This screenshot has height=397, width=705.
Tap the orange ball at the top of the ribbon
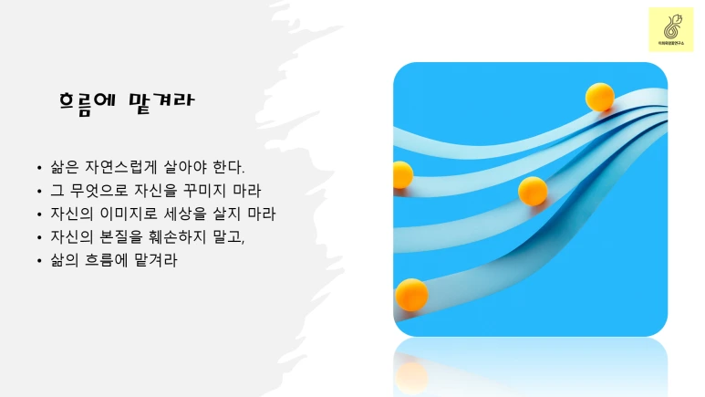(599, 96)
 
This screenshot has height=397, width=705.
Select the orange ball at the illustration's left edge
(401, 174)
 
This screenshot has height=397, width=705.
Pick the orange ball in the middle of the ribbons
(533, 191)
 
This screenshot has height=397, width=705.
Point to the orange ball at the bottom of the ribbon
(411, 295)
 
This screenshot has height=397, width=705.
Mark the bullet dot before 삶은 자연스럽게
(39, 169)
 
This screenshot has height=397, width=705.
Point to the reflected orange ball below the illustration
(412, 374)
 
